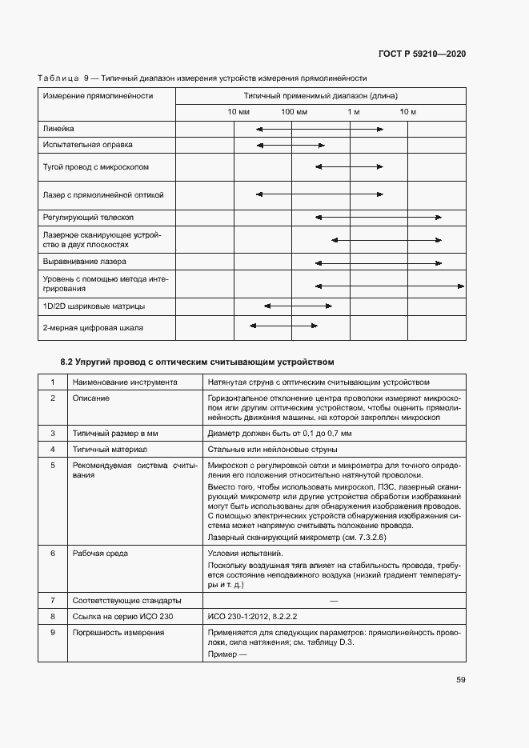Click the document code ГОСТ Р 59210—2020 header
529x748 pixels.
tap(421, 54)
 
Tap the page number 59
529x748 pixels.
tap(461, 680)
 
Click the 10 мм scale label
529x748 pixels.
tap(238, 111)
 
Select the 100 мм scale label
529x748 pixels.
tap(294, 111)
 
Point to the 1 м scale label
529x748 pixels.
tap(354, 111)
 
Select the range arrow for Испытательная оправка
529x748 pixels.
tap(291, 146)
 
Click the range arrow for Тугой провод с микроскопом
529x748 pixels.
tap(350, 166)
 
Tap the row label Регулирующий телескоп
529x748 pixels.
tap(88, 218)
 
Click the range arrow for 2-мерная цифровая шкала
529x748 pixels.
tap(283, 325)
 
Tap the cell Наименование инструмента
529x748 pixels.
tap(124, 382)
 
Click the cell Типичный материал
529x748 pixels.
tap(110, 449)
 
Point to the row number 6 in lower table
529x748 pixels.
tap(53, 553)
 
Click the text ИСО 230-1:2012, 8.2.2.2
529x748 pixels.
tap(252, 616)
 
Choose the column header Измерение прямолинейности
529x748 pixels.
tap(98, 95)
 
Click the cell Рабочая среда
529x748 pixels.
tap(100, 553)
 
